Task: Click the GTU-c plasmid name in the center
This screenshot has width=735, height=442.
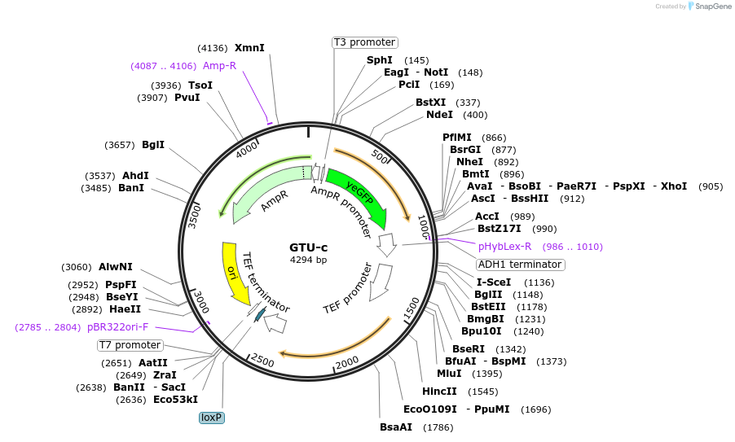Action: click(308, 247)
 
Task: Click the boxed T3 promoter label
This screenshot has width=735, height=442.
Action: click(364, 42)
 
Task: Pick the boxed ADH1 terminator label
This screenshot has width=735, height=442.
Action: click(520, 265)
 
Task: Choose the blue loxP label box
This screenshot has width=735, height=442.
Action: click(212, 418)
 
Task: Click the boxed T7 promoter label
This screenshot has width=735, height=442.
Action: click(130, 345)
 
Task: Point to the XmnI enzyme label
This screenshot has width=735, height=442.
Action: click(249, 48)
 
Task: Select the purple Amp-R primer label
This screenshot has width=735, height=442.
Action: click(219, 66)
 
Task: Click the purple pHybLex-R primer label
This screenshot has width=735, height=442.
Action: click(504, 247)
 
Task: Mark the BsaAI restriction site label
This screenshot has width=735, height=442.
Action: click(396, 427)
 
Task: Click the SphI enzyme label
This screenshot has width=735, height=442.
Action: click(380, 60)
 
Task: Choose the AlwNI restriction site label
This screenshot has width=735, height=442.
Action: click(116, 267)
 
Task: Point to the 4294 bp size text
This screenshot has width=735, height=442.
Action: click(308, 260)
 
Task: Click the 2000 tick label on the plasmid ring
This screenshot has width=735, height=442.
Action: click(348, 362)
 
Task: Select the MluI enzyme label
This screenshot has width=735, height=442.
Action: click(449, 374)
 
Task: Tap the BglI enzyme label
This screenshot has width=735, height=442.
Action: click(153, 145)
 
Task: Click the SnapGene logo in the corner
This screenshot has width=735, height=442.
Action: click(708, 7)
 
